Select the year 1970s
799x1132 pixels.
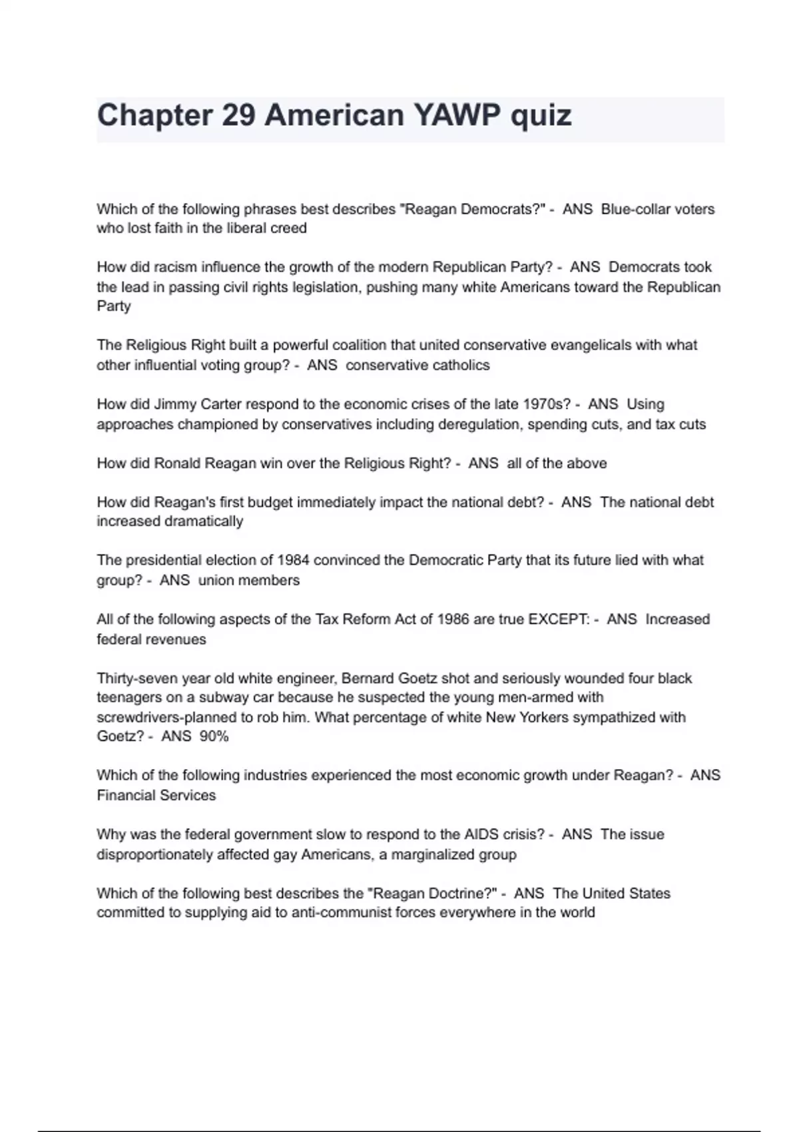tap(547, 404)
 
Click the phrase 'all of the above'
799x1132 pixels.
tap(557, 463)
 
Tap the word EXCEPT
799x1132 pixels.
tap(557, 619)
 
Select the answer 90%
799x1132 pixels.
tap(214, 736)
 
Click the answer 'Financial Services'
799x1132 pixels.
tap(156, 795)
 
